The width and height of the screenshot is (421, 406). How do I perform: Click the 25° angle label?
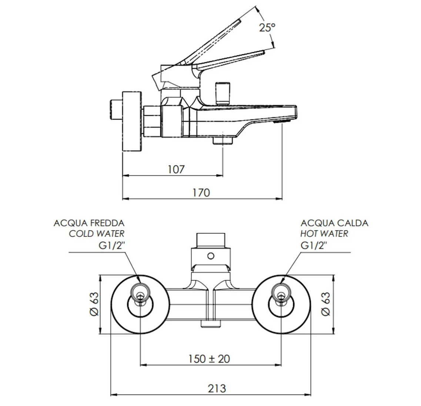267,27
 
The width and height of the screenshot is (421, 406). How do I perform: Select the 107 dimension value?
176,169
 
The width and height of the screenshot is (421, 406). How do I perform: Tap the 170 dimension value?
201,193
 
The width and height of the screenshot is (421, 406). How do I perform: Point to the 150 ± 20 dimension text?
209,359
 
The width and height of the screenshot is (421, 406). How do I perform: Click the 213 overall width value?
217,389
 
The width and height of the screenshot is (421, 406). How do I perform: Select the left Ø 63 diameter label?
94,304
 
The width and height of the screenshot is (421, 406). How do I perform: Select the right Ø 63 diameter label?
325,304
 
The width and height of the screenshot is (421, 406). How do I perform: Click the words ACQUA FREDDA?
89,223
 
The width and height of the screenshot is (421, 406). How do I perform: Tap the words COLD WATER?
97,234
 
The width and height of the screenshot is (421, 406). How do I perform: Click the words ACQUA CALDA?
334,223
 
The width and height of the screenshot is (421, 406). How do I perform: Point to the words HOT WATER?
324,234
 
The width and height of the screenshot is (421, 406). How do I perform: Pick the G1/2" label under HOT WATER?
314,245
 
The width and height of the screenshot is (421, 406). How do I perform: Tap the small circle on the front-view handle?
211,256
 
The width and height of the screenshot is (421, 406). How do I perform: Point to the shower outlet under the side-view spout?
223,141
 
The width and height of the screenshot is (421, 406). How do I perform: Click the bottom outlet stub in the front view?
211,324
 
